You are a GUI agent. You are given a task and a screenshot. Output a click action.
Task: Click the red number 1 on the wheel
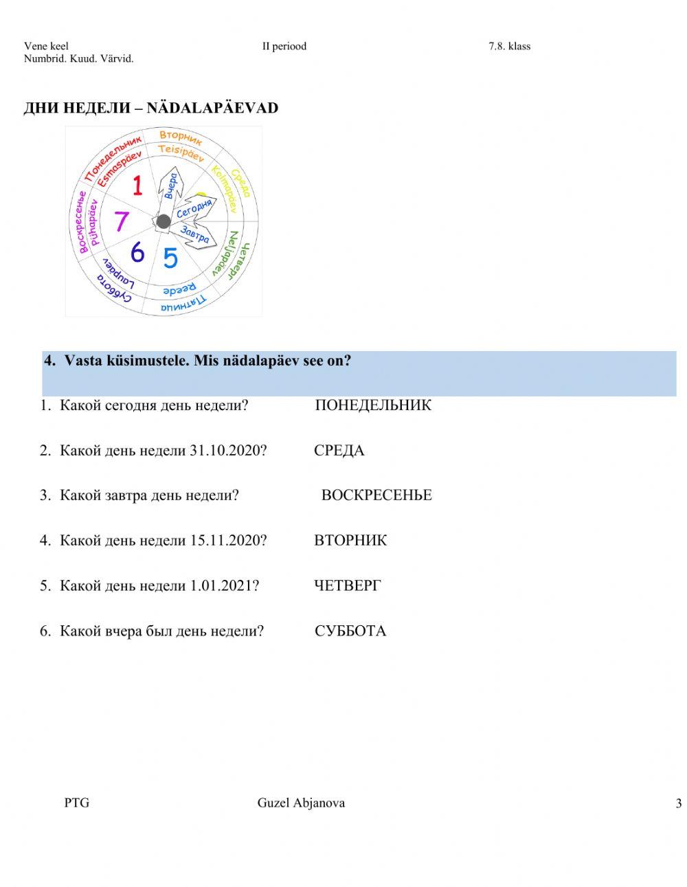click(x=137, y=186)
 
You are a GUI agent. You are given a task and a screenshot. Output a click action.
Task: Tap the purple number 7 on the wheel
click(x=122, y=221)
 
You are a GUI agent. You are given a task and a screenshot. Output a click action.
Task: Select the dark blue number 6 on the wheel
click(x=137, y=252)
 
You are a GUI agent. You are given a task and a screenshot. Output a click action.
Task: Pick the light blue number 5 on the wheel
click(x=170, y=258)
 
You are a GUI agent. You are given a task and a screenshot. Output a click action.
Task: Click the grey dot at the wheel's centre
click(x=164, y=221)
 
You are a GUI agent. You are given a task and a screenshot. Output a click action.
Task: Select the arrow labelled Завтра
click(x=196, y=236)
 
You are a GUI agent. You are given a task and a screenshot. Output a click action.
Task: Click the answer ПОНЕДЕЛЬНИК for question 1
click(x=373, y=405)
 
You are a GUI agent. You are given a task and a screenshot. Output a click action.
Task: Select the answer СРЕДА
click(x=339, y=451)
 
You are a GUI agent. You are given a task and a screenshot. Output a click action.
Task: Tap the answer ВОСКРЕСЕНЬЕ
click(x=376, y=495)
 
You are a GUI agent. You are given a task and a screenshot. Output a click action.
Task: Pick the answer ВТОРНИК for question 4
click(x=350, y=541)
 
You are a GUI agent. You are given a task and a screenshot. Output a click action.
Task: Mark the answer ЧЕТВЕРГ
click(x=347, y=586)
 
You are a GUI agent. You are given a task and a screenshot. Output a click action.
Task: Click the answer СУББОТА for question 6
click(x=350, y=631)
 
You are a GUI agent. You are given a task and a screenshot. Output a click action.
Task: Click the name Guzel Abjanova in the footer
click(x=301, y=802)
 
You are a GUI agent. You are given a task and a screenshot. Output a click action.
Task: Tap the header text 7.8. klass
click(x=509, y=46)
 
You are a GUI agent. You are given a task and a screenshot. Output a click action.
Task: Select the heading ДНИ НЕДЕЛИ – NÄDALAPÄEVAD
click(x=151, y=108)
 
